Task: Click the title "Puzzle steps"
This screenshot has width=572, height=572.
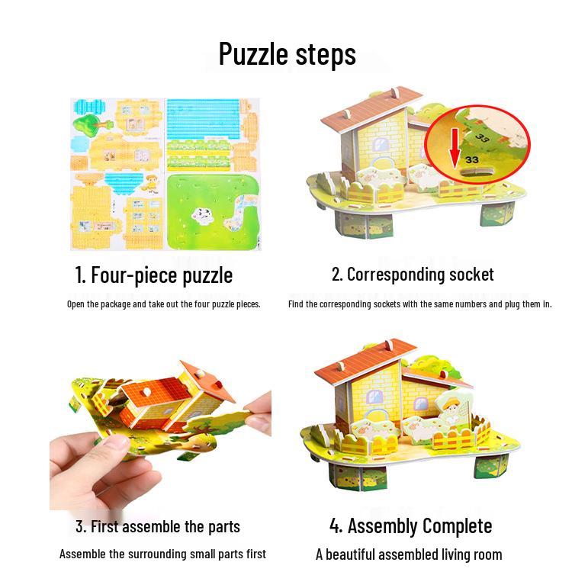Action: [287, 54]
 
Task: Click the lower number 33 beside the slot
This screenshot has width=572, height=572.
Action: [472, 159]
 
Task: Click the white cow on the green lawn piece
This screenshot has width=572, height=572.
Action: [203, 216]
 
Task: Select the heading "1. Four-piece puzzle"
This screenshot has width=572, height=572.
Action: [154, 275]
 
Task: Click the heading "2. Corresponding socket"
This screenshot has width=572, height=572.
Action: [413, 275]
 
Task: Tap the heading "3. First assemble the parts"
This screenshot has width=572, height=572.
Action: [158, 526]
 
